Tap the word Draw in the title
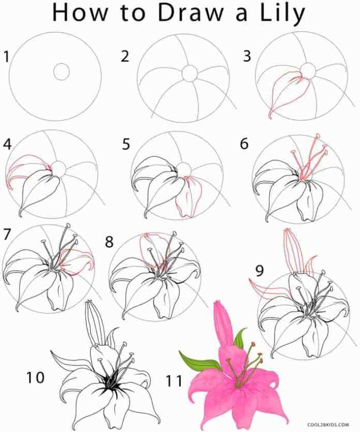[x=190, y=12]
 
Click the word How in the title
[x=80, y=12]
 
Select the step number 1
[x=6, y=56]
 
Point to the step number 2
[x=125, y=56]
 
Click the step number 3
[x=247, y=56]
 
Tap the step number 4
[x=7, y=144]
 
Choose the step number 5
[x=126, y=144]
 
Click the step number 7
[x=7, y=234]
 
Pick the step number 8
[x=109, y=242]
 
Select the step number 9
[x=259, y=270]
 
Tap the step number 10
[x=35, y=377]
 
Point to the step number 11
[x=174, y=381]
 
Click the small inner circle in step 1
[x=61, y=72]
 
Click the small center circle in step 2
[x=190, y=73]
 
